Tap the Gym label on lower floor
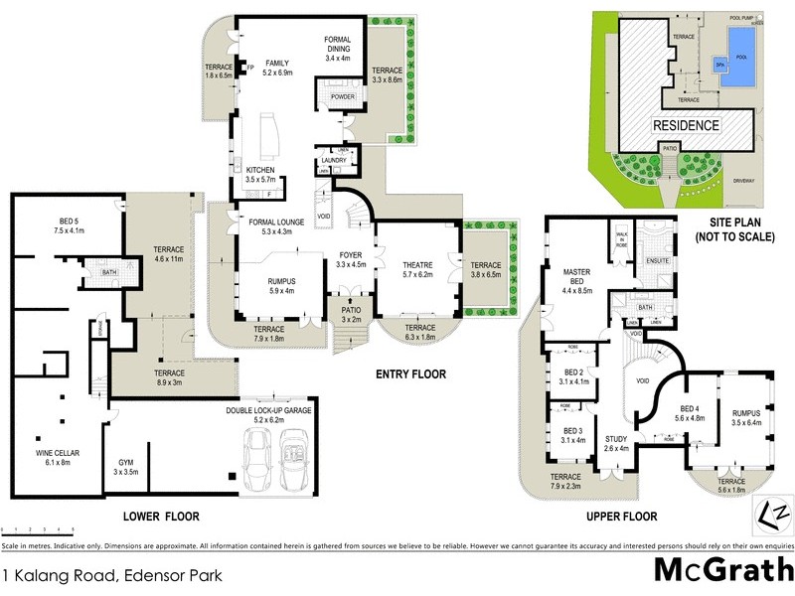pos(124,468)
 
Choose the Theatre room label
pos(416,269)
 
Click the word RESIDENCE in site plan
pos(686,126)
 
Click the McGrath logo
pos(723,571)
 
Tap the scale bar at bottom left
pos(40,531)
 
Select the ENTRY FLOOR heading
pos(410,374)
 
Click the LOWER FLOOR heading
pos(161,516)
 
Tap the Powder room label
pos(343,97)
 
